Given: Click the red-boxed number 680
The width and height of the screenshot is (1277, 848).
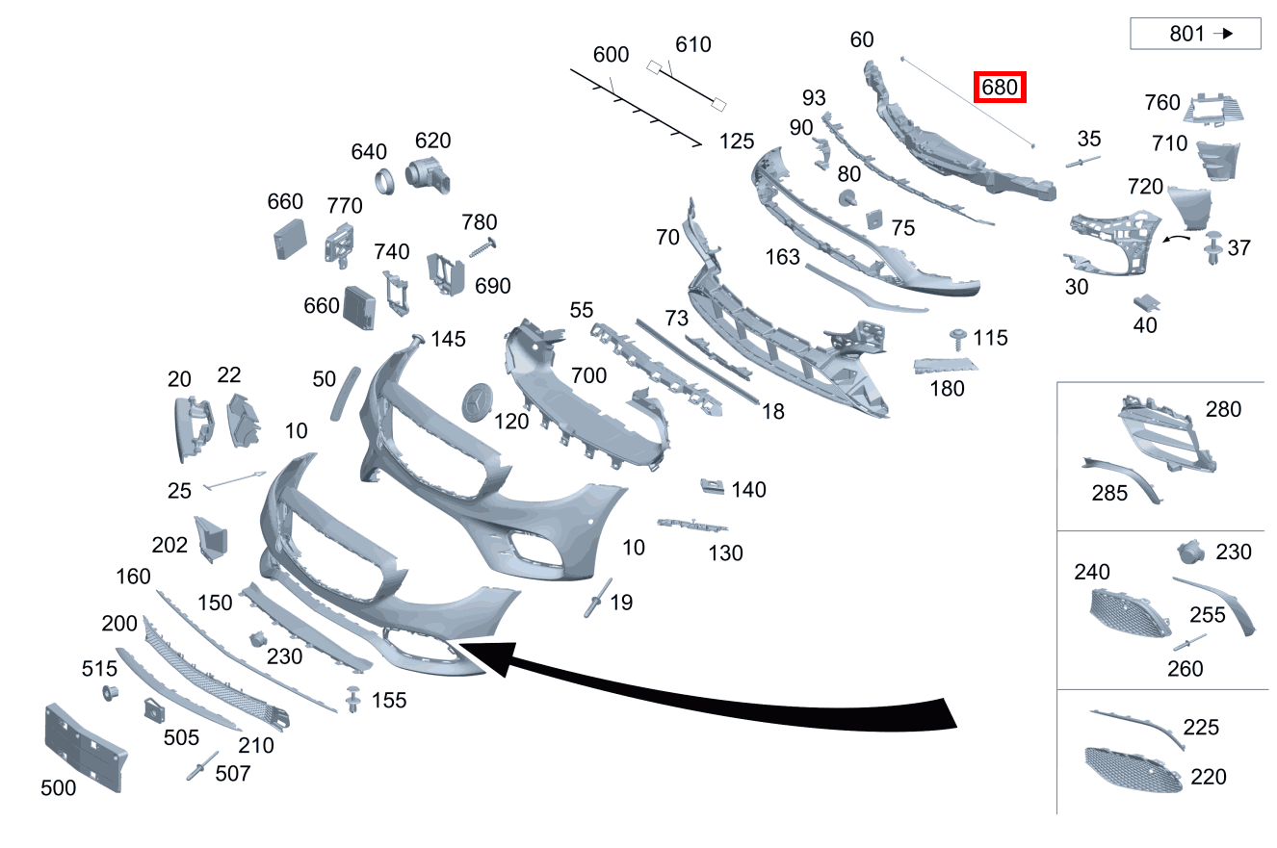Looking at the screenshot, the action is click(1000, 88).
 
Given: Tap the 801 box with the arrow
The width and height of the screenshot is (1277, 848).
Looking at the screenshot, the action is click(1195, 34).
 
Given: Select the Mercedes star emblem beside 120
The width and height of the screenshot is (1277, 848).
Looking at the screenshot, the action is click(477, 402).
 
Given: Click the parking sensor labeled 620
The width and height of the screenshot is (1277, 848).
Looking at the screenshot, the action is click(428, 174).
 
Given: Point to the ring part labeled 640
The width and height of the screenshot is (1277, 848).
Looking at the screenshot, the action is click(385, 182).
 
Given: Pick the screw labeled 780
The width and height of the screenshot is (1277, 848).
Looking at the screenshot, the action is click(482, 248).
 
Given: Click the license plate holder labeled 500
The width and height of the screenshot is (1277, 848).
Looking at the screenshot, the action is click(85, 747).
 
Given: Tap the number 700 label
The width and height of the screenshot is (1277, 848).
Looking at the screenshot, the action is click(588, 376).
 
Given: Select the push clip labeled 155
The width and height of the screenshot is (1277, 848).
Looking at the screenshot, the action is click(353, 699).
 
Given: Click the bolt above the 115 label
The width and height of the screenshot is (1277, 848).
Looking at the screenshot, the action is click(957, 339).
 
